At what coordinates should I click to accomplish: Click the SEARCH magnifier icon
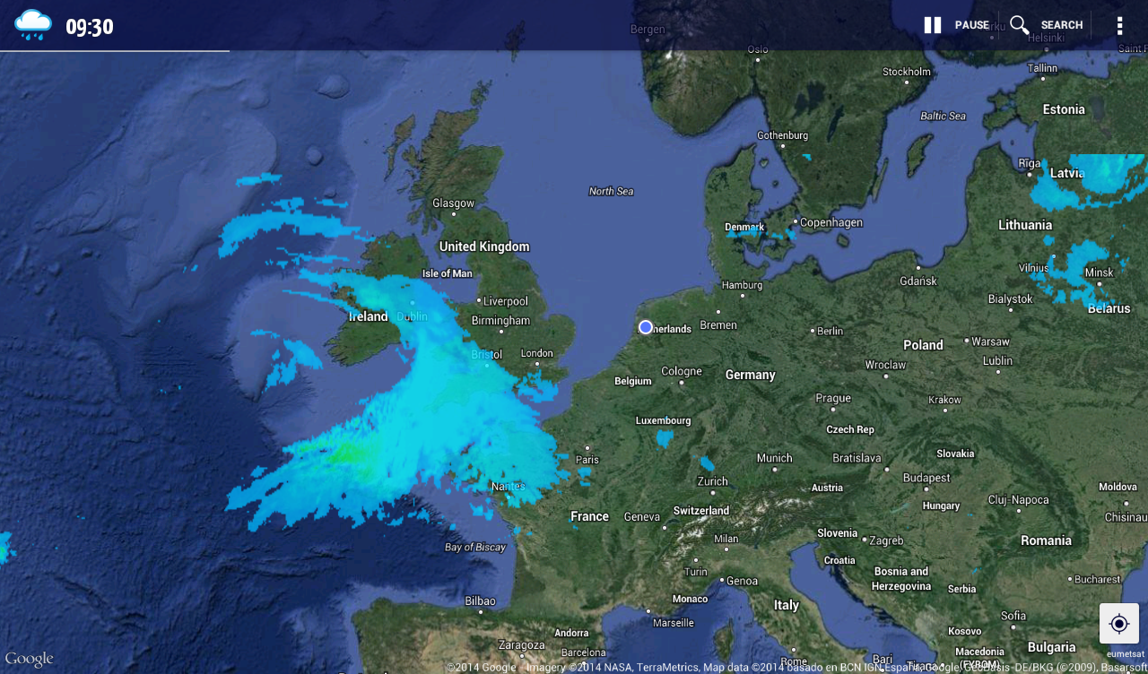coord(1020,25)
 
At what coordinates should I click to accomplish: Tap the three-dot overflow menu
coord(1119,25)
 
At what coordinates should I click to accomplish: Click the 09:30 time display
coord(90,27)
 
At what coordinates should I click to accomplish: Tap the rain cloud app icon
coord(33,24)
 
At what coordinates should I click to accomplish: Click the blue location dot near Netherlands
coord(646,327)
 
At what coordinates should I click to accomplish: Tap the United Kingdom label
coord(484,246)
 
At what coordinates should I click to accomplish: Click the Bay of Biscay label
coord(475,547)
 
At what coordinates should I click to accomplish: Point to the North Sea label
coord(611,191)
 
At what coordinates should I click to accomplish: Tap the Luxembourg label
coord(664,420)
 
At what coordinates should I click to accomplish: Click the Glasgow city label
coord(453,203)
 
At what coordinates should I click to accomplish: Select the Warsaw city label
coord(990,341)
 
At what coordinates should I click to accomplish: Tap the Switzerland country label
coord(701,511)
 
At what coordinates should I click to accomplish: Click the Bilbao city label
coord(480,601)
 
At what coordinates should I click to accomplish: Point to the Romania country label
coord(1046,540)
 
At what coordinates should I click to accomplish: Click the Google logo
coord(29,659)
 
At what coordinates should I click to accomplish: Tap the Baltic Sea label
coord(943,116)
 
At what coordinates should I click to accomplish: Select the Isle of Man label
coord(447,273)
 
